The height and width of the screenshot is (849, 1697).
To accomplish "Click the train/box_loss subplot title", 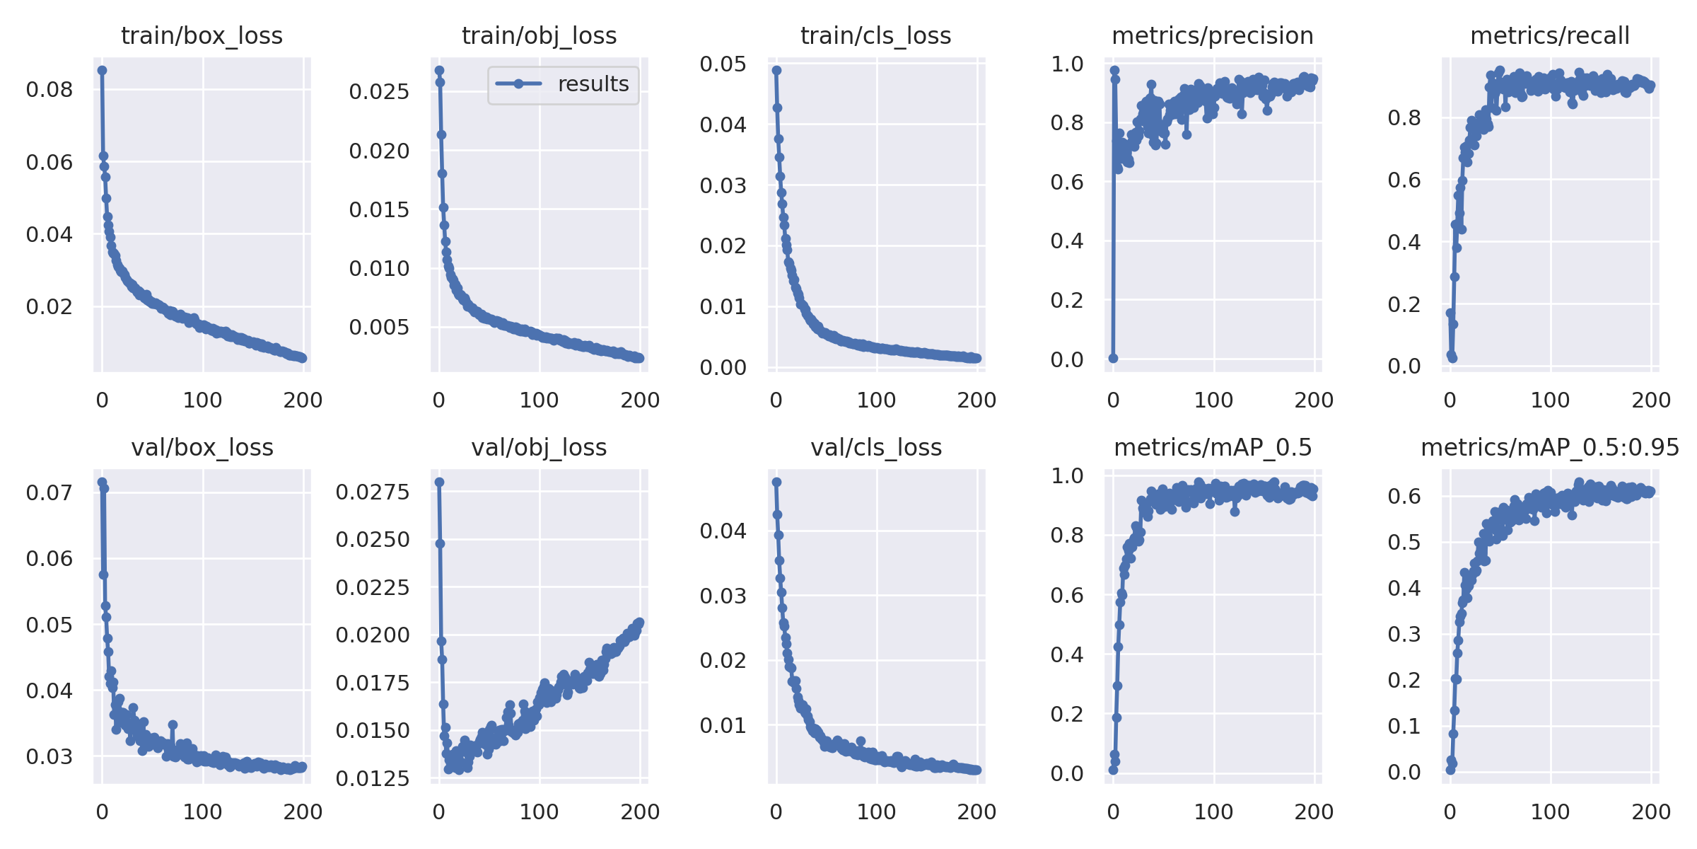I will pos(202,35).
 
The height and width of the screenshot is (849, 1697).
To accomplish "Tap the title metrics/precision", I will pos(1212,35).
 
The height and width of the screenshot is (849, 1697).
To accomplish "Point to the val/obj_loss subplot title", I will pos(539,447).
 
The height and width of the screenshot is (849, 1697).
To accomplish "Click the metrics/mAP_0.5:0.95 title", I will pos(1549,447).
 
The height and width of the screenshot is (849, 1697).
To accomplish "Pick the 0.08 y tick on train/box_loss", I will pos(49,90).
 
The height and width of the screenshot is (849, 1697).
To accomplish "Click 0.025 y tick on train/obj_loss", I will pos(379,91).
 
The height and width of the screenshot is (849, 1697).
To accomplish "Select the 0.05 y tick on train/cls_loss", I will pos(723,64).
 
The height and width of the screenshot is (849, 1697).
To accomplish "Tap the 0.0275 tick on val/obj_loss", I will pos(373,492).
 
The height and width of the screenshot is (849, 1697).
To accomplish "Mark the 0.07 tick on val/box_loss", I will pos(49,492).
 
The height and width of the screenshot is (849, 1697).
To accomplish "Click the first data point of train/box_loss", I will pos(103,70).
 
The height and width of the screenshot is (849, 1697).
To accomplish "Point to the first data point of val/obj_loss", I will pos(439,482).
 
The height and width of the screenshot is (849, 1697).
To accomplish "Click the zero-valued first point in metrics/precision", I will pos(1113,358).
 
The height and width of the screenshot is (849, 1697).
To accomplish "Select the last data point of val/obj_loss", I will pos(640,623).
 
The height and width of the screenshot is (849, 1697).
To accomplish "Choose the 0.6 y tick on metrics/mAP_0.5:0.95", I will pos(1404,496).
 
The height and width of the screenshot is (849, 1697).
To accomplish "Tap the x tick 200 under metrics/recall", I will pos(1651,400).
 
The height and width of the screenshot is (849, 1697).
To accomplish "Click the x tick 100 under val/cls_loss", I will pos(876,812).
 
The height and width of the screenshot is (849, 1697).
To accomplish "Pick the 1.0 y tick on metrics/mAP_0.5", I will pos(1067,475).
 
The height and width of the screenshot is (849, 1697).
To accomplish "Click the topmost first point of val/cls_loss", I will pos(776,482).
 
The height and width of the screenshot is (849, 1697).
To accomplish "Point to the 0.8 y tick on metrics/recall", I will pos(1404,117).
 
